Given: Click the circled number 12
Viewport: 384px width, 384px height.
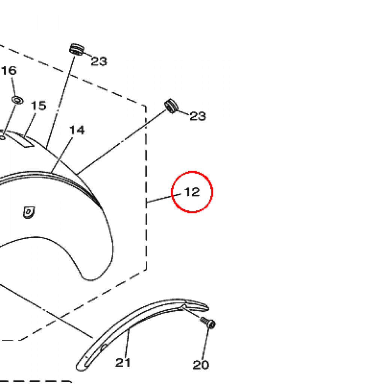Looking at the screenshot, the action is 192,192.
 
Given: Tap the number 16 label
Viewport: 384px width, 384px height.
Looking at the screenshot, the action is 9,70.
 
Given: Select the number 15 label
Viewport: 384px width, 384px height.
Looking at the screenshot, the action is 39,105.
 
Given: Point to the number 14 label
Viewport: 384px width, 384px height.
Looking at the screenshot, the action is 77,130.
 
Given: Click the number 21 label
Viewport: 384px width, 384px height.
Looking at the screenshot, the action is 123,363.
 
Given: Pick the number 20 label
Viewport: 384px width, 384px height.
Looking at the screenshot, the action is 201,365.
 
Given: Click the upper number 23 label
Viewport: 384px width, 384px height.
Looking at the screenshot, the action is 99,61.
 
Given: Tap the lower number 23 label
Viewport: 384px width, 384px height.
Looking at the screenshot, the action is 198,116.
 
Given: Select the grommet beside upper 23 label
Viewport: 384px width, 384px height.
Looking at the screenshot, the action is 76,49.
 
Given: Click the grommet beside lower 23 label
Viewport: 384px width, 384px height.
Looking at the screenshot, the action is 171,106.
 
